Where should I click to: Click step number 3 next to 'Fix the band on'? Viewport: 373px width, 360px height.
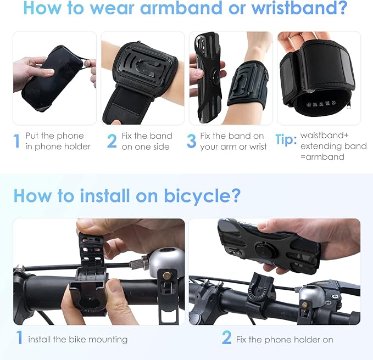pos(191,142)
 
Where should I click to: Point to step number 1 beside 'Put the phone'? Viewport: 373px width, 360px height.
pos(16,142)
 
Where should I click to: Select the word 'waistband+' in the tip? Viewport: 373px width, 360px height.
pos(323,136)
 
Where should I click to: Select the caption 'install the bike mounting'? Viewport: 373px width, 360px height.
pos(78,339)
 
